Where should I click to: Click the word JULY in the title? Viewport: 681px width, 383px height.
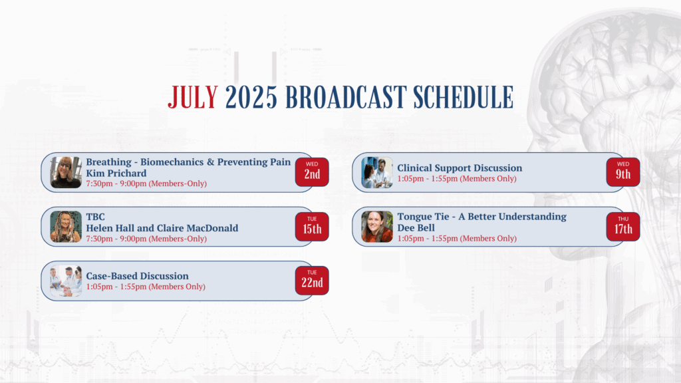pos(193,97)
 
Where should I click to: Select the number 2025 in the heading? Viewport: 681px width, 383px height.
pos(251,97)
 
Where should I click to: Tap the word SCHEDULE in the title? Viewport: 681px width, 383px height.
pos(463,97)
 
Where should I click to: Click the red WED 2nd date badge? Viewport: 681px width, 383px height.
pos(312,172)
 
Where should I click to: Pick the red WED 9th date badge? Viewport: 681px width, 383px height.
pos(622,172)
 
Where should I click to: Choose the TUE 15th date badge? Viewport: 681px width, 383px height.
pos(312,227)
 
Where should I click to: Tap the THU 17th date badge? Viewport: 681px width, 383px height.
pos(622,227)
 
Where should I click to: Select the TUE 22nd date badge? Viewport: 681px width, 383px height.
pos(312,281)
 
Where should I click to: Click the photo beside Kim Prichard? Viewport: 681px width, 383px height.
pos(66,172)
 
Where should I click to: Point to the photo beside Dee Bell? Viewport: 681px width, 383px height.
pos(377,227)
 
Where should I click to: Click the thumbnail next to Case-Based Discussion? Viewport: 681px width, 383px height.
pos(66,281)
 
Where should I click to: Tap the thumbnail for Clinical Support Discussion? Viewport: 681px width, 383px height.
pos(377,172)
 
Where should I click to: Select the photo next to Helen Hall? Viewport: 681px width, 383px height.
pos(66,227)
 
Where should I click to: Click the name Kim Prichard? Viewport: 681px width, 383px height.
pos(116,174)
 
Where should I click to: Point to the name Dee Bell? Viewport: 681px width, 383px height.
pos(416,228)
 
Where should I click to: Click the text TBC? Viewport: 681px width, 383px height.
pos(95,217)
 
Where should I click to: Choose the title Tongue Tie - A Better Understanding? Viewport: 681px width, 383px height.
pos(481,217)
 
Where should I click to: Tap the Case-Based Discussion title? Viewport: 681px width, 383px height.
pos(137,276)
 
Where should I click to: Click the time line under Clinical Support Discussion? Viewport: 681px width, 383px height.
pos(457,178)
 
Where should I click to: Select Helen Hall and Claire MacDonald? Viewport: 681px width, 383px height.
pos(162,228)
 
